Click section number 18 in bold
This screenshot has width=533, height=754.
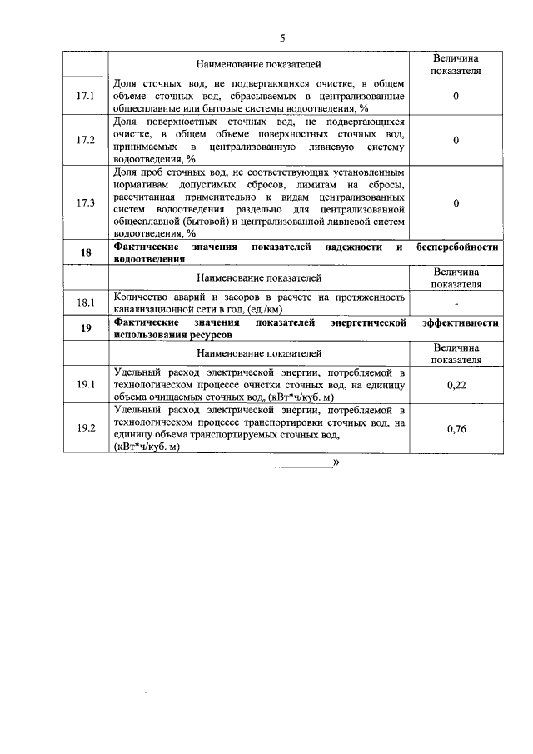click(86, 253)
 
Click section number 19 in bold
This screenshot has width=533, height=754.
click(86, 327)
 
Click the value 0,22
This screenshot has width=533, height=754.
click(456, 384)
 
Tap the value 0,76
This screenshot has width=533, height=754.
click(456, 428)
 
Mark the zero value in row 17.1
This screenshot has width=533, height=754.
click(456, 97)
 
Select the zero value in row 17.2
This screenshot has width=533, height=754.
click(456, 140)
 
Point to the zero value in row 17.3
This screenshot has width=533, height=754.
click(456, 202)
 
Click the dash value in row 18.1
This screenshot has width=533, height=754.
click(456, 305)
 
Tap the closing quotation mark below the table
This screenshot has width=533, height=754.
click(336, 461)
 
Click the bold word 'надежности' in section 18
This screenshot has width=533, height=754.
click(349, 248)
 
